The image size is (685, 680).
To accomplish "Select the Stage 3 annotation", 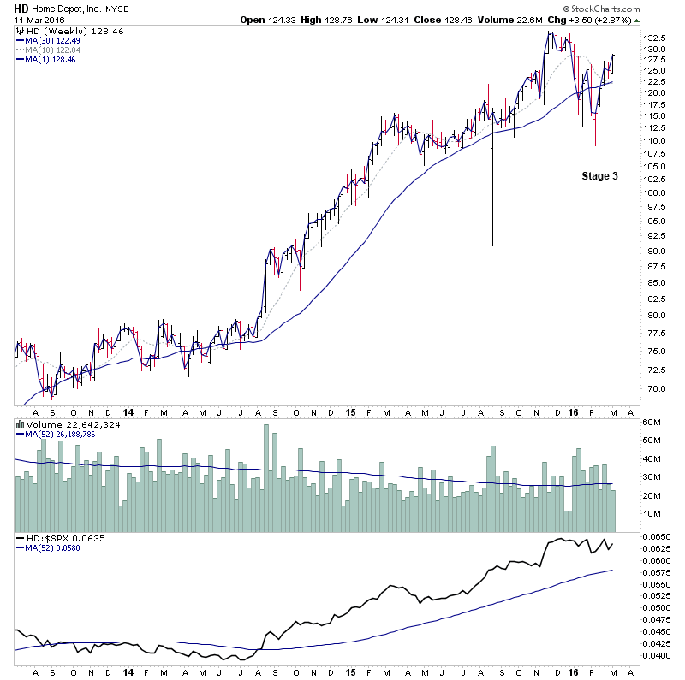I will click(599, 176).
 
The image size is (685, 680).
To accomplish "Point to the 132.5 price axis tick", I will click(655, 38).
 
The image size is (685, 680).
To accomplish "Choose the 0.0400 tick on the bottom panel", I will click(658, 655).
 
